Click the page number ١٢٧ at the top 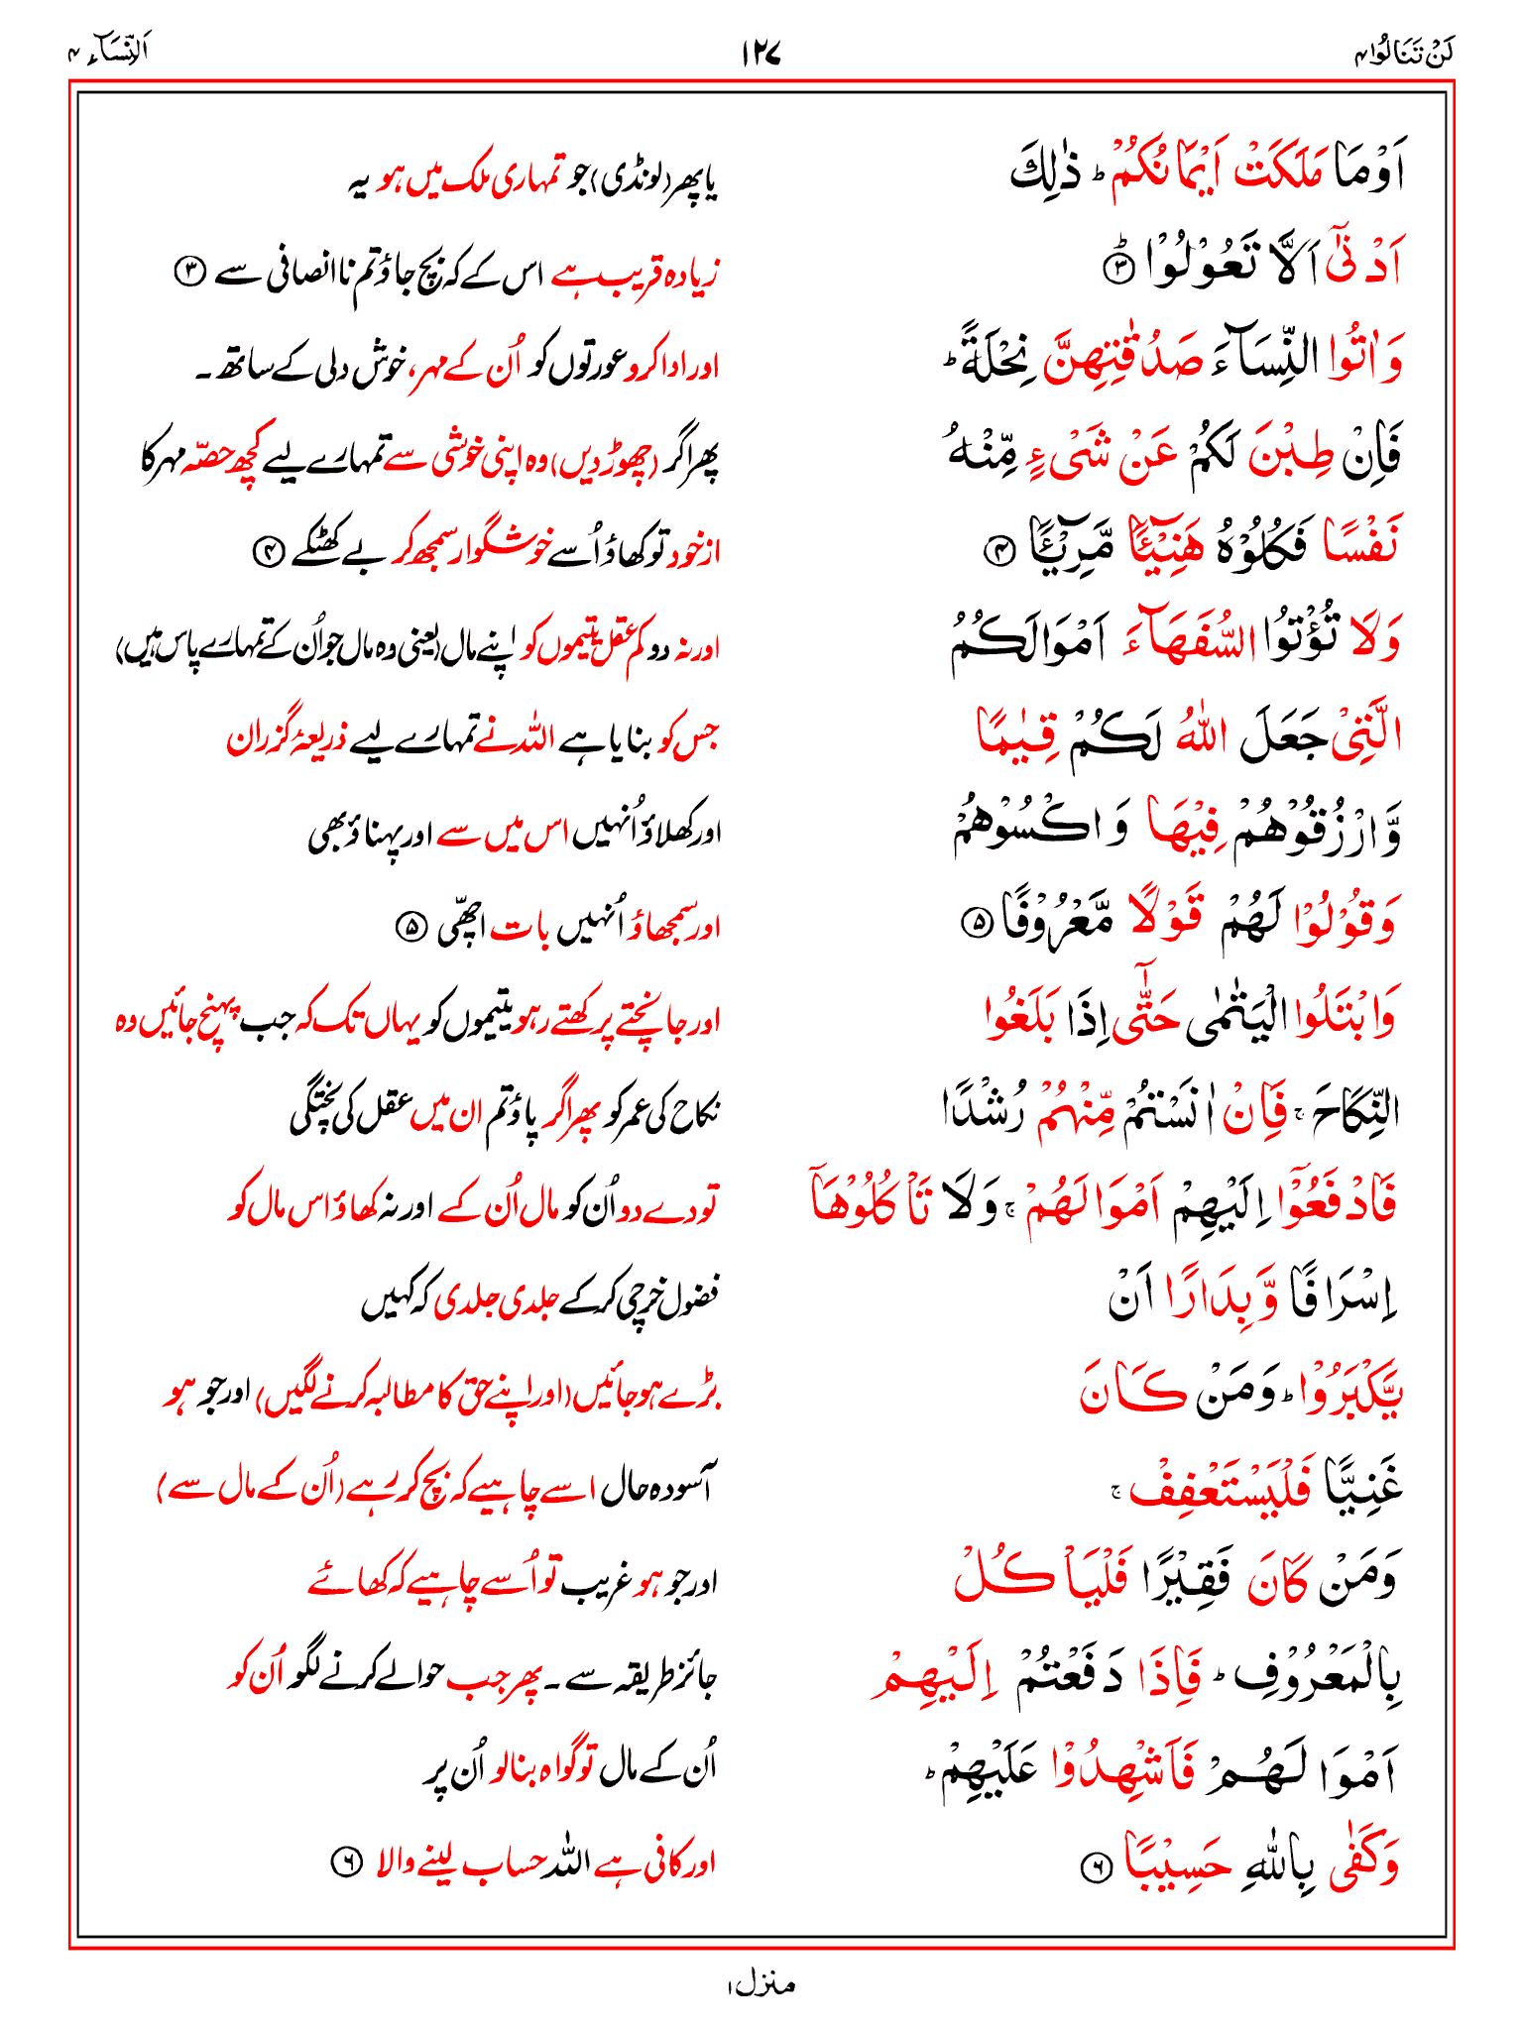761,53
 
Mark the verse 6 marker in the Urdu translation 343,1864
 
